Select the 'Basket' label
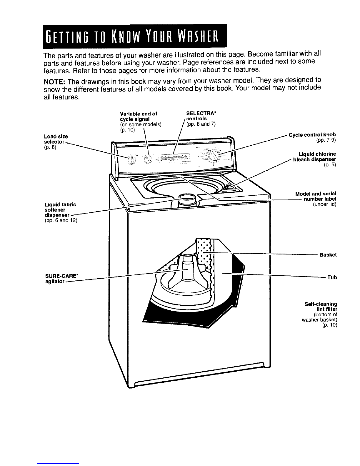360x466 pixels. click(328, 255)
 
